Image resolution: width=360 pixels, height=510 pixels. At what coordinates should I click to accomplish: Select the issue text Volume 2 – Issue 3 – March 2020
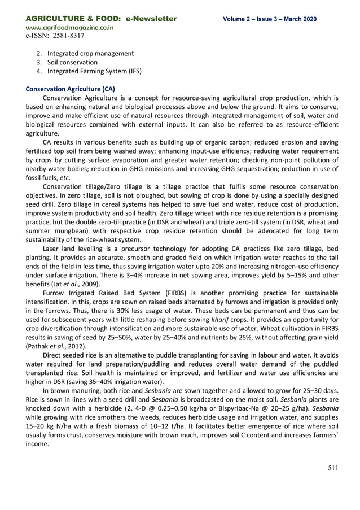coord(270,19)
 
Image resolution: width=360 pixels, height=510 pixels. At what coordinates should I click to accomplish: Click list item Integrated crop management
coord(90,53)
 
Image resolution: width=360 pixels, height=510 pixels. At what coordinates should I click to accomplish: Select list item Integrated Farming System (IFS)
coord(94,71)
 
